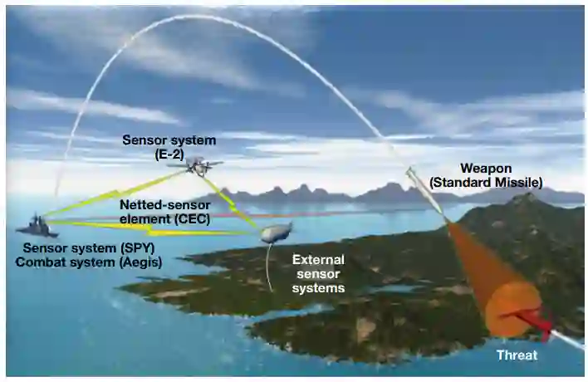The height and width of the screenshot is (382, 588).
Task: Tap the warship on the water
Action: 35,226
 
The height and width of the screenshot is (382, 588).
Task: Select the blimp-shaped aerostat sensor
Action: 277,233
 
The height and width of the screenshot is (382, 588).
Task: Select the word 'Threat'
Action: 517,355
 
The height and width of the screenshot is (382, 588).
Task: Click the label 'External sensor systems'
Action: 318,274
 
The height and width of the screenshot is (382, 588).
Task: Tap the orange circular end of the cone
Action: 511,309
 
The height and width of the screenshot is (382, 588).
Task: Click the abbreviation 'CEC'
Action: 192,218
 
